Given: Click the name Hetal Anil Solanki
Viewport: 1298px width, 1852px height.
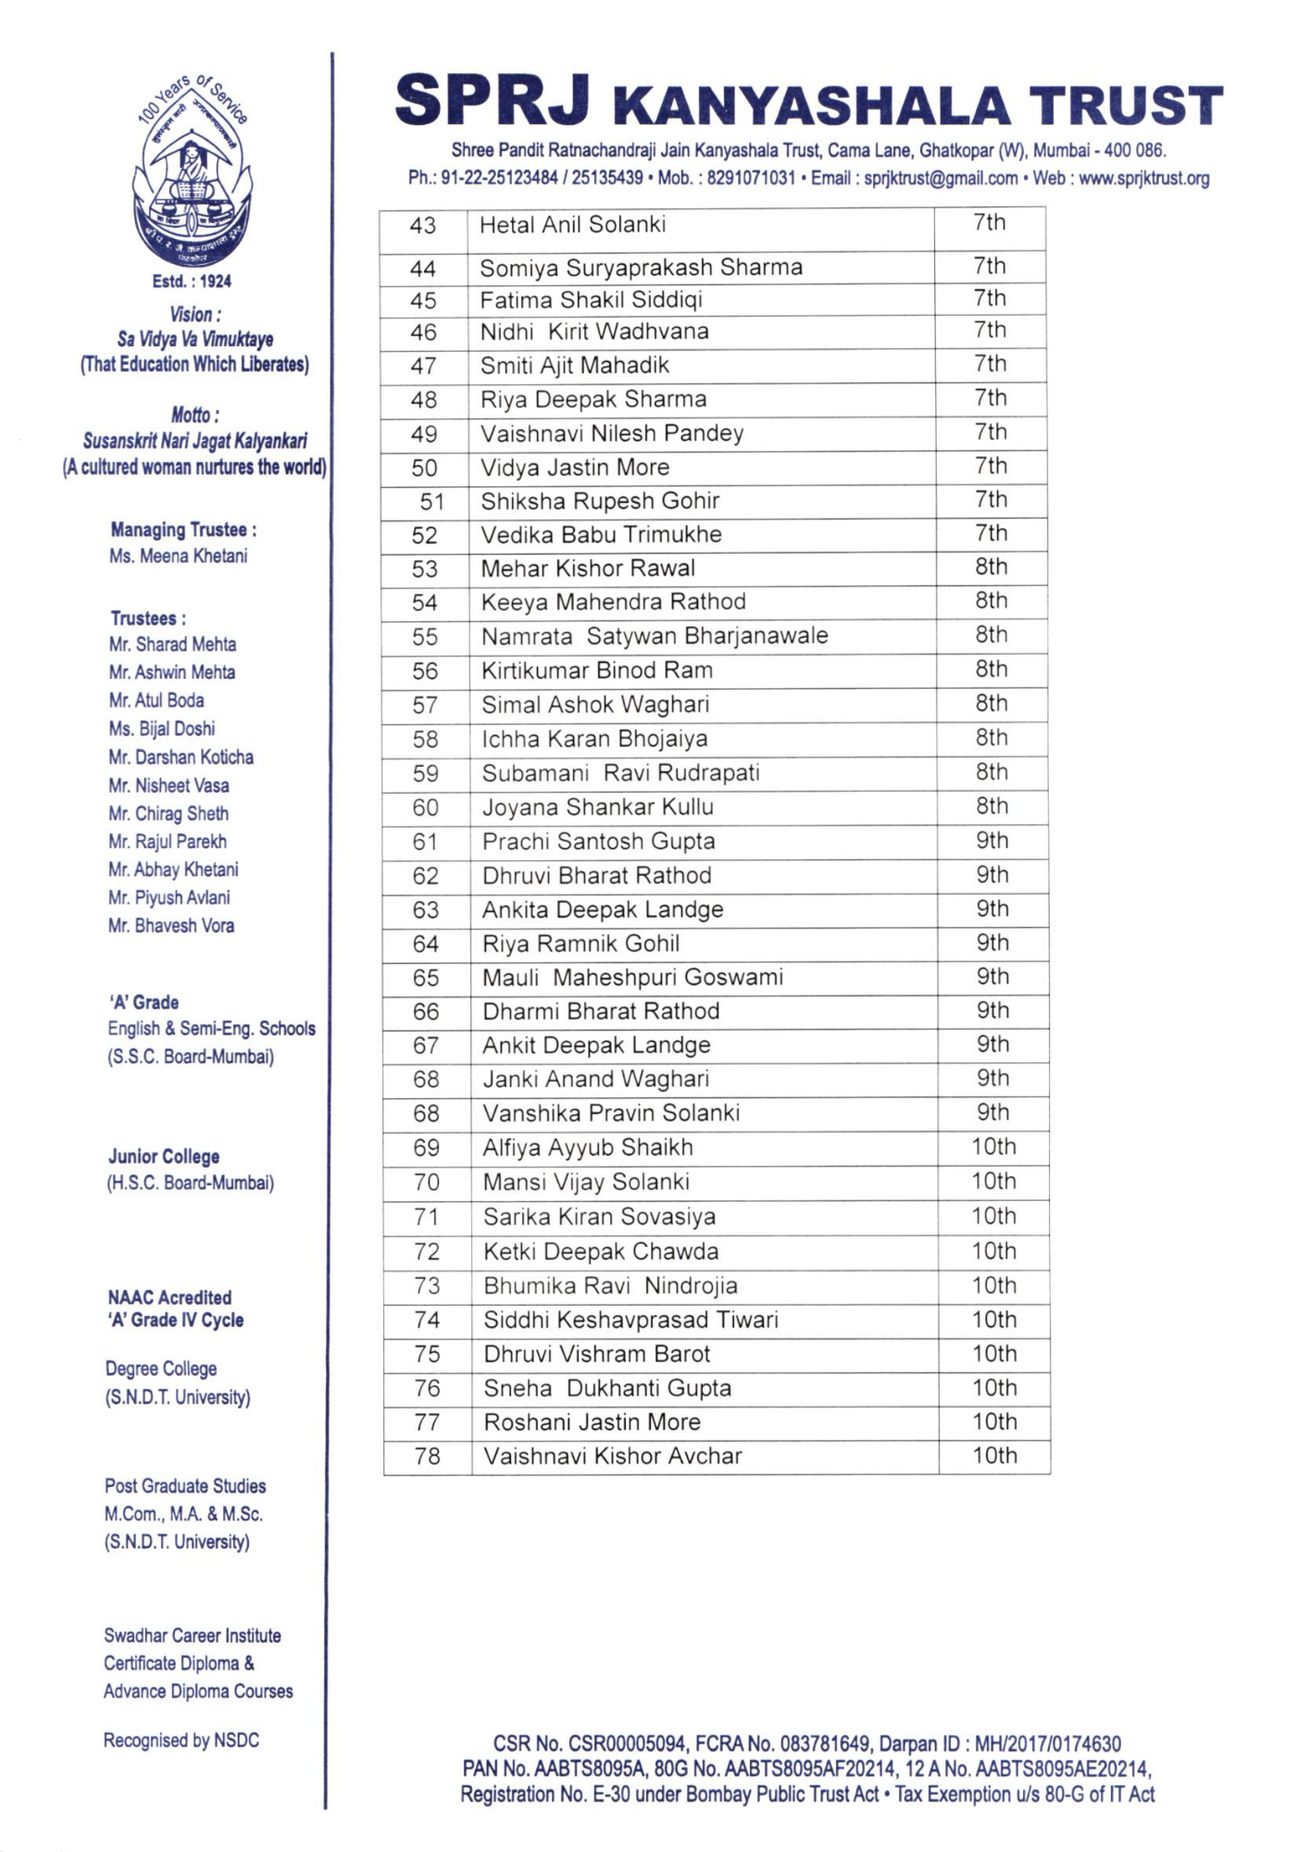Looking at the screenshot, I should tap(572, 225).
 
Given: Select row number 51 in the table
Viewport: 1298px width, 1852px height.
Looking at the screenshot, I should tap(431, 502).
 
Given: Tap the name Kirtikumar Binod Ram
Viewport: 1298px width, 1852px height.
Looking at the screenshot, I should tap(596, 670).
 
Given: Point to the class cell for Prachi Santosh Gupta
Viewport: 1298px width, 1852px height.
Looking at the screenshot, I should tap(992, 841).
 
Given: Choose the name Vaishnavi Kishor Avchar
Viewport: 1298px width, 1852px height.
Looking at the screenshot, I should tap(612, 1457).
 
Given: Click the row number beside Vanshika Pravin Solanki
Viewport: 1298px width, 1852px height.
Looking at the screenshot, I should tap(426, 1114).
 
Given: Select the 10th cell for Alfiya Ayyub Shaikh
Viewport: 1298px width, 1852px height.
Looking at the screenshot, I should tap(993, 1147).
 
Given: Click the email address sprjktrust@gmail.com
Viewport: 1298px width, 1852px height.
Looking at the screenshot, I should tap(940, 179).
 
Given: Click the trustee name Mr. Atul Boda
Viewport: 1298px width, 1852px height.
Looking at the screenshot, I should tap(156, 701).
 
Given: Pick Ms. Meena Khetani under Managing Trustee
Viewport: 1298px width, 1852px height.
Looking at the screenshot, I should tap(178, 557).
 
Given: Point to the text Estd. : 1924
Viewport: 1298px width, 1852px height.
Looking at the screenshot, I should tap(192, 282).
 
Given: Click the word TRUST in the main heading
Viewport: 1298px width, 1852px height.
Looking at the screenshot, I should tap(1125, 106).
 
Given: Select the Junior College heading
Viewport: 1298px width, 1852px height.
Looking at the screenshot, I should tap(164, 1157).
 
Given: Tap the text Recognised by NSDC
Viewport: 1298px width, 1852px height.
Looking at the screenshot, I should tap(181, 1741).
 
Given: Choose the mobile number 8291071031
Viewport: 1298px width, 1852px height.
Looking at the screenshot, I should tap(751, 179).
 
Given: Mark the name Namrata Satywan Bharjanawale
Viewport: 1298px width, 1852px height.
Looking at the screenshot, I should tap(654, 636).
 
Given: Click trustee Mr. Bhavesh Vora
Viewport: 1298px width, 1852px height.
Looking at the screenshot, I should tap(170, 926).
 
